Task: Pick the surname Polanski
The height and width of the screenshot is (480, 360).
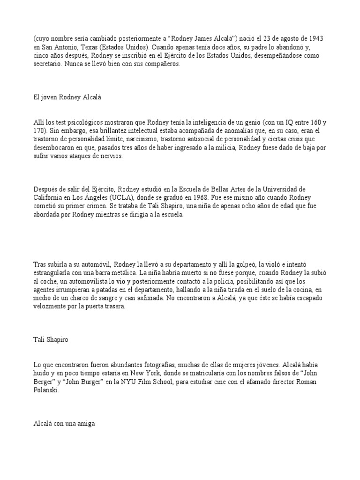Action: coord(44,390)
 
